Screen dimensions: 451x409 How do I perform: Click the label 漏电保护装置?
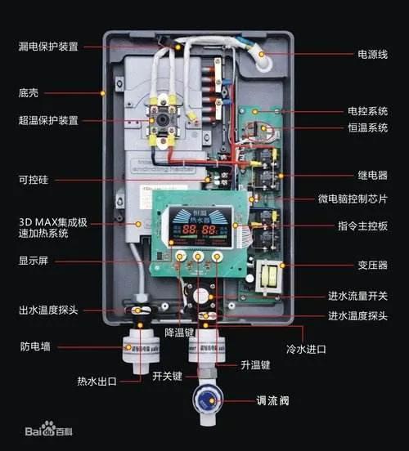click(x=49, y=47)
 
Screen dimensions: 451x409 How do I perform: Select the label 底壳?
click(x=29, y=92)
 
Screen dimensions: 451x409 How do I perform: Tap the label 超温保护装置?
click(x=49, y=120)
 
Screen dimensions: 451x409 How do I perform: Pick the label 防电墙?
click(x=35, y=346)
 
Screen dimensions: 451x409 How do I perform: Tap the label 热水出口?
click(x=97, y=380)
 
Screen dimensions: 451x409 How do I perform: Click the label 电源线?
click(x=373, y=54)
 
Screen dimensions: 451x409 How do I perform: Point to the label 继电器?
click(x=371, y=175)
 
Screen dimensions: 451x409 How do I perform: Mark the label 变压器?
click(x=371, y=265)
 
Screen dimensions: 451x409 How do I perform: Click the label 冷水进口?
click(x=306, y=349)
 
